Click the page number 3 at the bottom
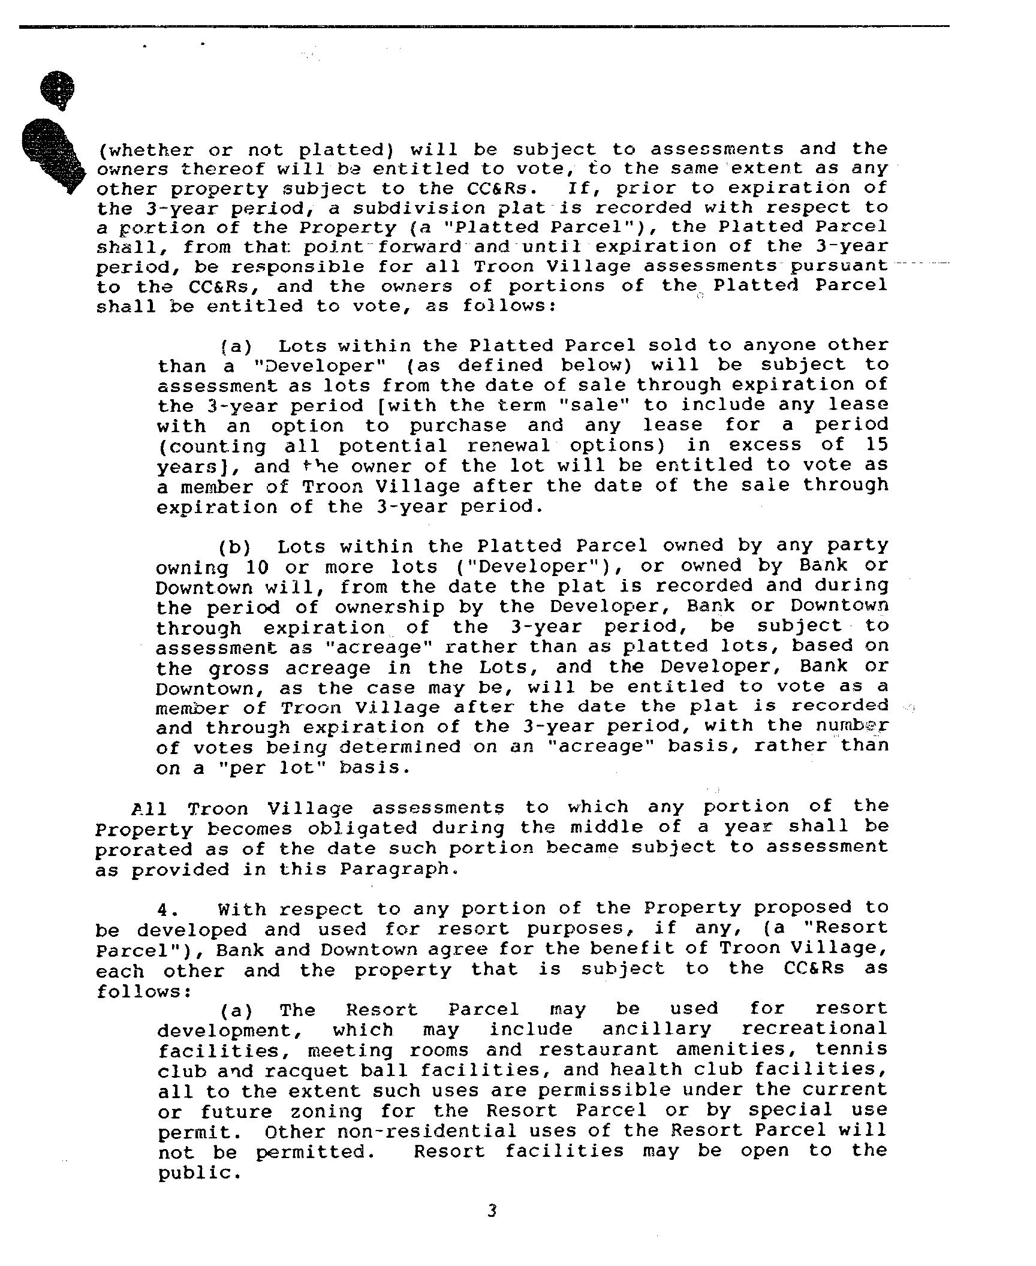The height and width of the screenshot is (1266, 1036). [492, 1211]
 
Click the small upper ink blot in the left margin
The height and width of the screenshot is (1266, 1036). [58, 90]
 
